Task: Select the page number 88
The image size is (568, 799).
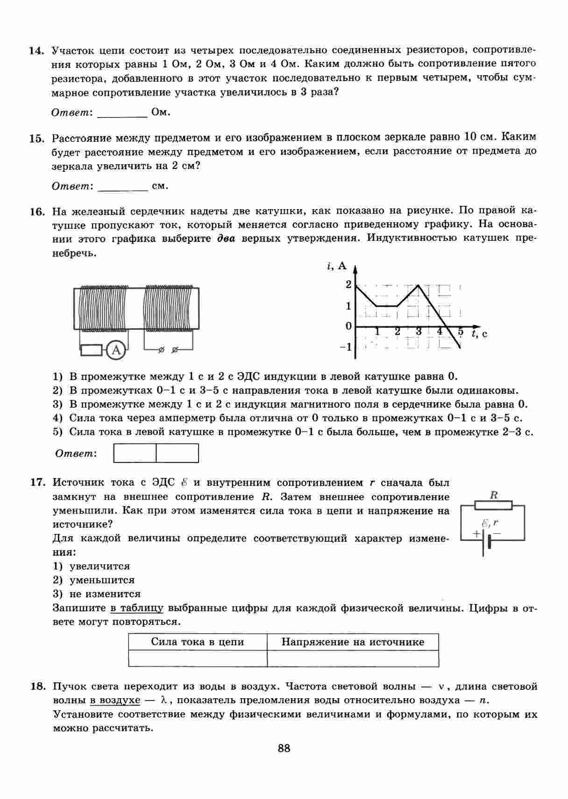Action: pos(284,748)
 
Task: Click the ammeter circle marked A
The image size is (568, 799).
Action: pos(116,350)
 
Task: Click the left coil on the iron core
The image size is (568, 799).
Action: pos(102,308)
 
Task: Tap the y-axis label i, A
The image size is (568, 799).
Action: pos(337,266)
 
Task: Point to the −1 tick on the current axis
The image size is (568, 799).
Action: pos(346,347)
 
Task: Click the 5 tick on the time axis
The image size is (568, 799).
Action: pos(461,332)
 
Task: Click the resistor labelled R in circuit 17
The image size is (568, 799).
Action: pos(493,505)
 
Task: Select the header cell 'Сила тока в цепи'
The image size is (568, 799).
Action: pos(198,642)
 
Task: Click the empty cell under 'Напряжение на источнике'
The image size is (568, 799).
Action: pos(353,659)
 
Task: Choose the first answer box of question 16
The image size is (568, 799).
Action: pos(135,453)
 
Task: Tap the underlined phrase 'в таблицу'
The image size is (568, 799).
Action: pos(137,608)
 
